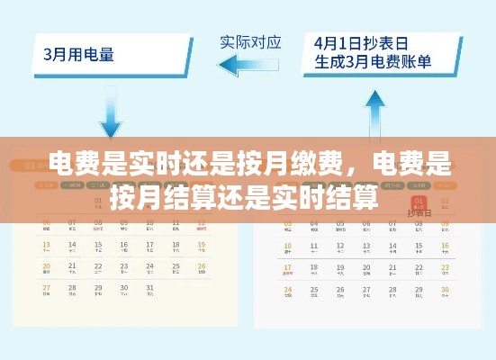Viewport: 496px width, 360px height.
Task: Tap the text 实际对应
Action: tap(250, 41)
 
